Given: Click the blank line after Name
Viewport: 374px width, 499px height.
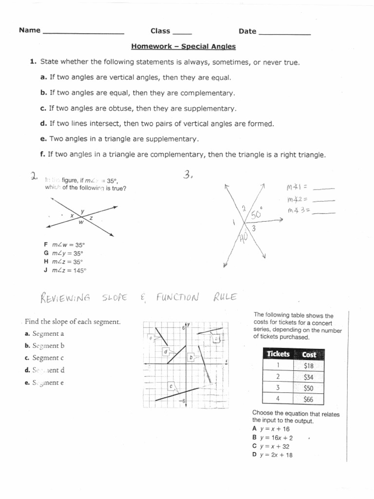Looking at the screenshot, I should (83, 33).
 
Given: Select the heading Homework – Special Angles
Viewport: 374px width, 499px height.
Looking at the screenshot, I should (183, 47).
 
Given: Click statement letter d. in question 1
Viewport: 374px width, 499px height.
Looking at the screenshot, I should (44, 123).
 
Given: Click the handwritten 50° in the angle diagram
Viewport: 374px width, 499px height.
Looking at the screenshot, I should (256, 214).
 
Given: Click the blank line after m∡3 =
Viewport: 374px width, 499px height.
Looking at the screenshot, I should (325, 212).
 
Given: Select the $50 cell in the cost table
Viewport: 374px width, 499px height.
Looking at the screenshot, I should (308, 388).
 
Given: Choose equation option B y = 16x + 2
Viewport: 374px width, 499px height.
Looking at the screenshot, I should (275, 437).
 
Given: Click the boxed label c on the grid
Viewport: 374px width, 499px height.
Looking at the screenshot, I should (171, 386).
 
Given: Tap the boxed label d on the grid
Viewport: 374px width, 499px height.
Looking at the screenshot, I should (166, 351).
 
